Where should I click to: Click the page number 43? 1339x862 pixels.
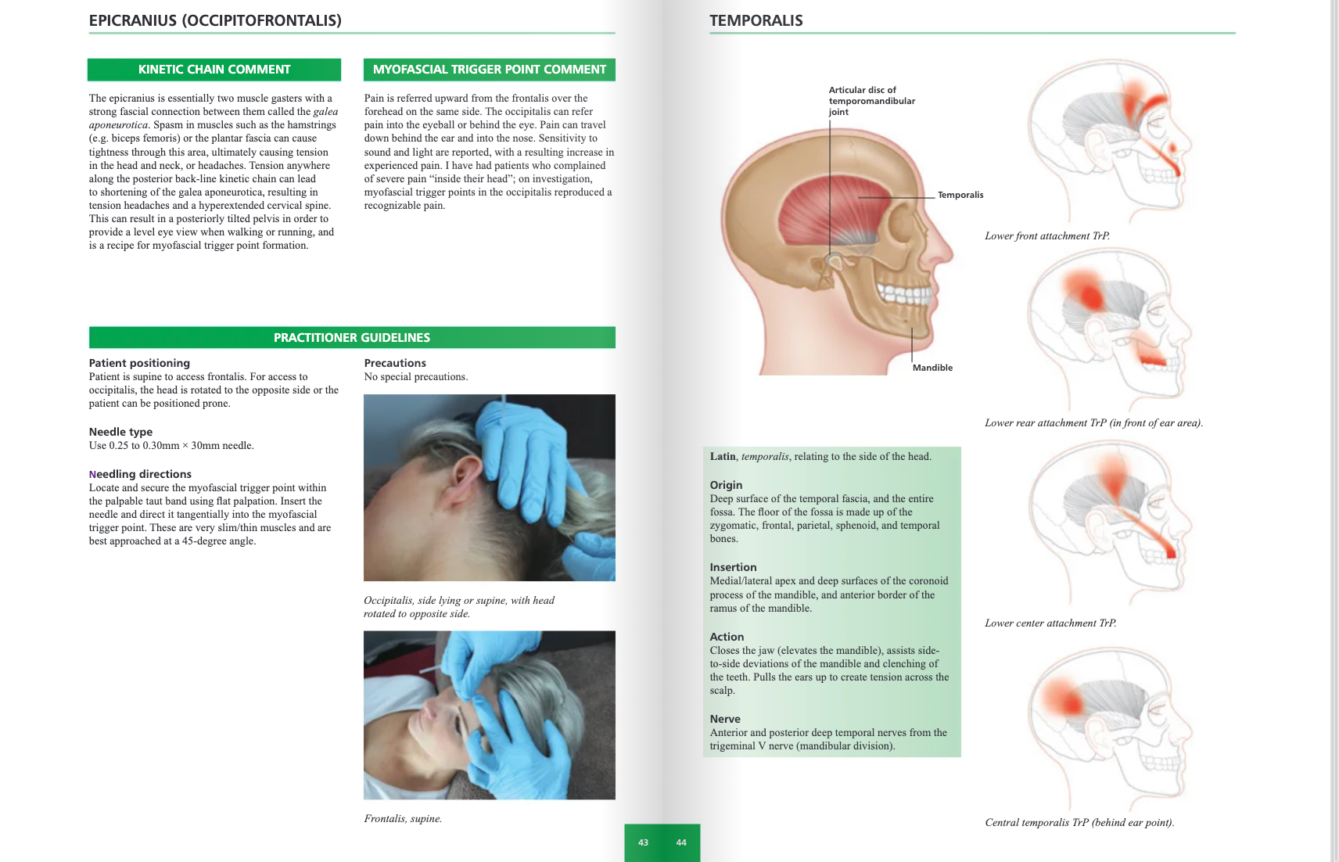click(643, 842)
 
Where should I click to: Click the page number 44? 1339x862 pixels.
click(681, 842)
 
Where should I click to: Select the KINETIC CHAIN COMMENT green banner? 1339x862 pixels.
click(214, 70)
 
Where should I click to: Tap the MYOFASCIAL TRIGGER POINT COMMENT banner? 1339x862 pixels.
click(489, 70)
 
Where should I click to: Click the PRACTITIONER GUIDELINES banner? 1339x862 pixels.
click(352, 338)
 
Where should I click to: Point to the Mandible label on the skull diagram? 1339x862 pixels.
click(932, 368)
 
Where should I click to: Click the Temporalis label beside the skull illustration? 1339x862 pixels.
click(960, 195)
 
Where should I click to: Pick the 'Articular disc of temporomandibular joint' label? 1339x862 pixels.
click(871, 101)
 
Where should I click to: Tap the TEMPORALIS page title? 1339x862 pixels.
click(756, 21)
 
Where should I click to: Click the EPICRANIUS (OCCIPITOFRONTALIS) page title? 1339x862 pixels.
click(215, 21)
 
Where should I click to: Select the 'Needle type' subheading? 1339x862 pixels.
click(120, 432)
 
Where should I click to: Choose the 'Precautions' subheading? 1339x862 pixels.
click(395, 363)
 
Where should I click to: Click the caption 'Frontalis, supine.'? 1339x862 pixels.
click(403, 819)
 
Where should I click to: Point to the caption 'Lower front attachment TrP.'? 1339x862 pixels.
click(1047, 236)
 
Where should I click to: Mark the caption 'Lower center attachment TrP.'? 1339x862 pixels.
click(1050, 623)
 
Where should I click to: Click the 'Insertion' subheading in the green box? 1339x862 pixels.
click(733, 567)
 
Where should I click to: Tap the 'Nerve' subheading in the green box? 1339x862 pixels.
click(725, 719)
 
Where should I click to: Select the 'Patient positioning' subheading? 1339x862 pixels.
click(139, 363)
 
